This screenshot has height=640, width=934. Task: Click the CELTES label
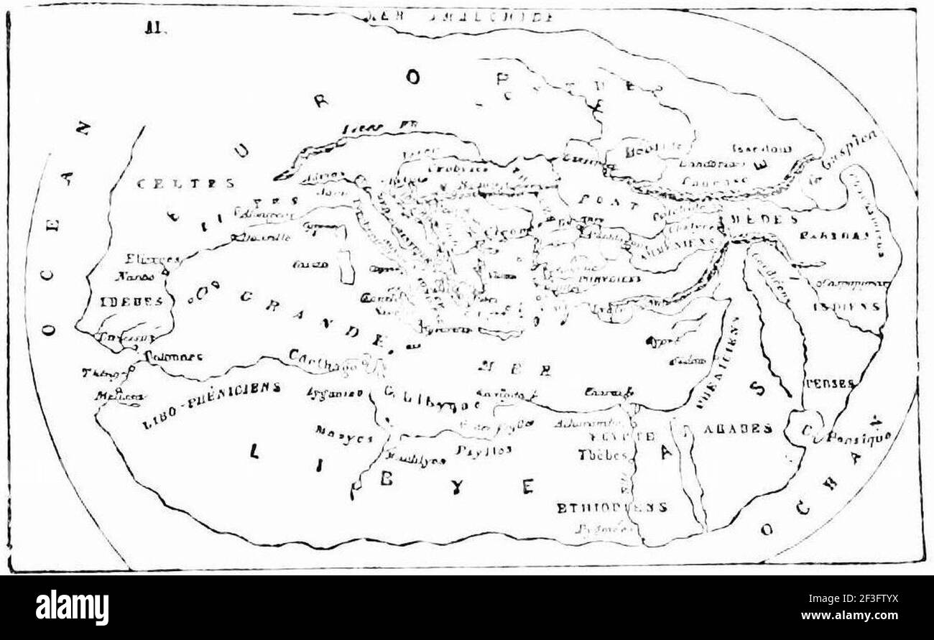pos(185,184)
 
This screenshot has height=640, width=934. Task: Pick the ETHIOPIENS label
pos(611,507)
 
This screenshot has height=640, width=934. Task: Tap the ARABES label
pos(736,429)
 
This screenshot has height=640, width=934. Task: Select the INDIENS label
pos(847,306)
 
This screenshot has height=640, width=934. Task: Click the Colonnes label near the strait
pos(173,356)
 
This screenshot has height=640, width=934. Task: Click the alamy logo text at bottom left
pos(72,608)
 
